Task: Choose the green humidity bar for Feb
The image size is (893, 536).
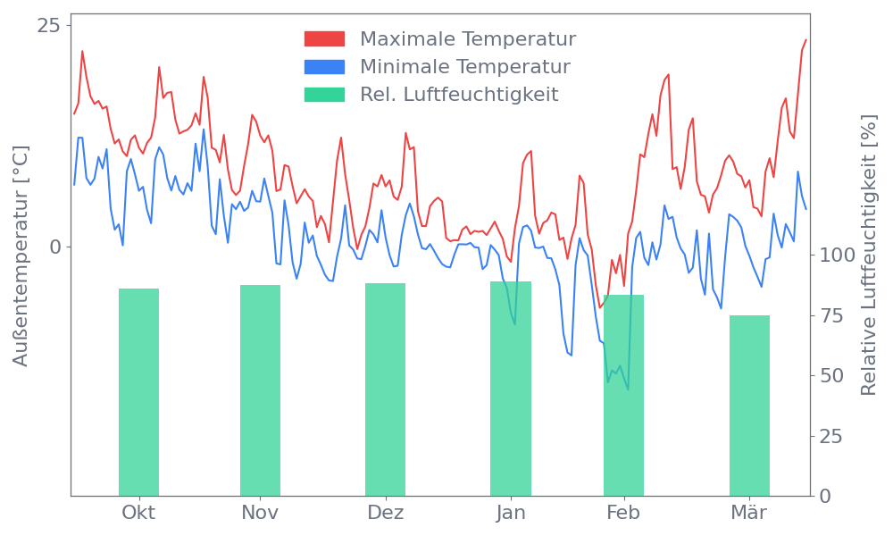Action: click(623, 395)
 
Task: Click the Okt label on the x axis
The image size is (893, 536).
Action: click(138, 513)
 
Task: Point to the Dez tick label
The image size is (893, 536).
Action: click(385, 513)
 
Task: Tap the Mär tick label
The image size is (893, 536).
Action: click(749, 513)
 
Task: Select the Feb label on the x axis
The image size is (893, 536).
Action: click(623, 513)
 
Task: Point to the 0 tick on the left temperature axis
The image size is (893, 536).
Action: click(55, 247)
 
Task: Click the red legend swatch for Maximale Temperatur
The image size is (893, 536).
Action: click(324, 39)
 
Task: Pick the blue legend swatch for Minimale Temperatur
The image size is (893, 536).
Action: click(324, 67)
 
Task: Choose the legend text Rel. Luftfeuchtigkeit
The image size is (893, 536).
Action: click(459, 95)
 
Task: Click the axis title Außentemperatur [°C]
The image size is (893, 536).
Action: click(21, 257)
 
